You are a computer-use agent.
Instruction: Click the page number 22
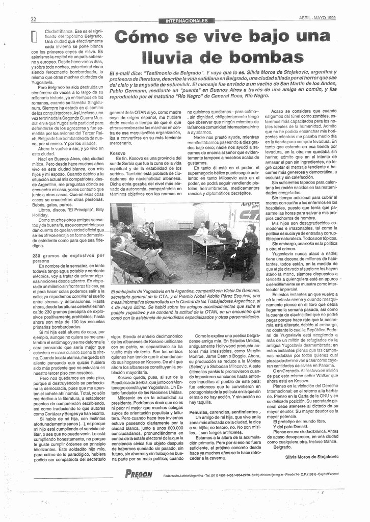coord(33,19)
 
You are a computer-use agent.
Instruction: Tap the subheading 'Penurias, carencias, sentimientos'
coord(222,411)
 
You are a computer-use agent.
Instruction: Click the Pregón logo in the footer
coord(139,474)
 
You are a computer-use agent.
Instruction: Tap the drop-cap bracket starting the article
coord(34,37)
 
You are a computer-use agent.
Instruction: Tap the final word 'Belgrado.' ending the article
coord(282,447)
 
